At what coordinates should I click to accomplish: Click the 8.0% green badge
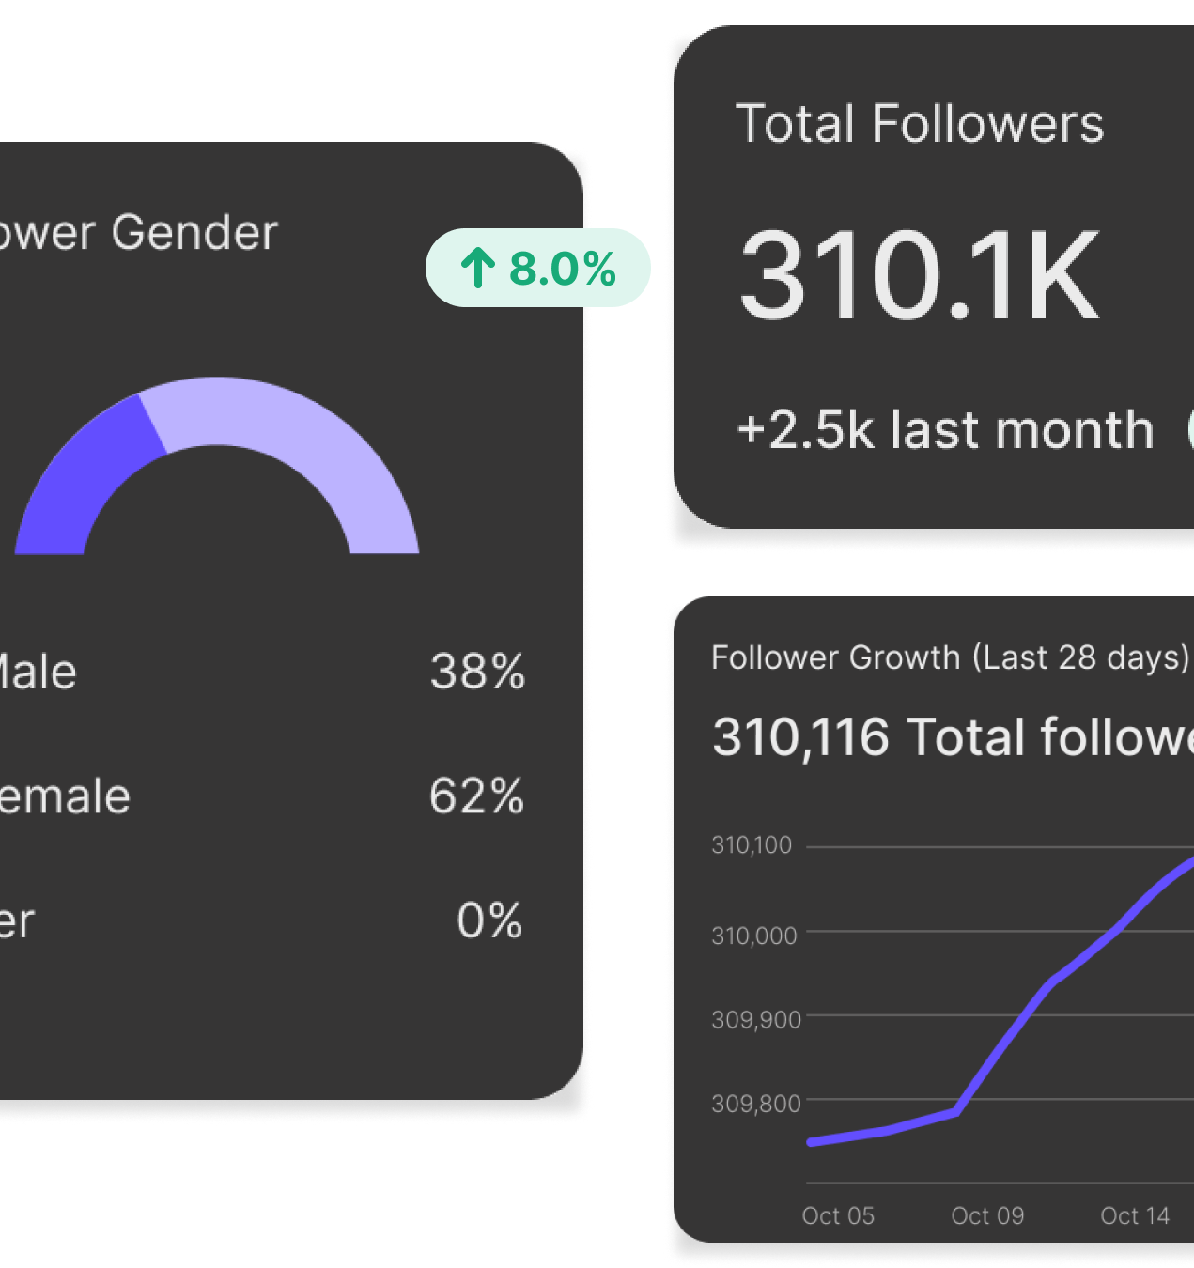tap(538, 269)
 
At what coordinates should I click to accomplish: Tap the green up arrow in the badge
tap(477, 269)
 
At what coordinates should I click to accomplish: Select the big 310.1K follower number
tap(919, 276)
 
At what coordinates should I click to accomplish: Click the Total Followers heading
tap(919, 124)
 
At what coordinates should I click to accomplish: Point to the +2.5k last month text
tap(945, 430)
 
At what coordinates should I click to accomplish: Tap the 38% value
tap(477, 672)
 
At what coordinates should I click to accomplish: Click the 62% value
tap(476, 796)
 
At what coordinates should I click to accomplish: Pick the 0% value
tap(489, 920)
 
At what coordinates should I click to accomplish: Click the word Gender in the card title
tap(194, 232)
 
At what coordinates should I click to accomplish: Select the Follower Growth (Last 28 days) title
tap(950, 657)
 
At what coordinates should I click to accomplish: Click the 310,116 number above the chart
tap(800, 736)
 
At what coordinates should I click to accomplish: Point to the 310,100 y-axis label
tap(752, 845)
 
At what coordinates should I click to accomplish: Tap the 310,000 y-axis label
tap(753, 936)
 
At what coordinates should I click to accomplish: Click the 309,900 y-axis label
tap(755, 1019)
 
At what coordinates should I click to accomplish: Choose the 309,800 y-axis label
tap(755, 1103)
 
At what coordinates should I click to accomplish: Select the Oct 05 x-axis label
tap(838, 1215)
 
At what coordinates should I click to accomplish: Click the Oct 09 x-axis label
tap(987, 1215)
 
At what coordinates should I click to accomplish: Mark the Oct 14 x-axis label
tap(1135, 1215)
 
